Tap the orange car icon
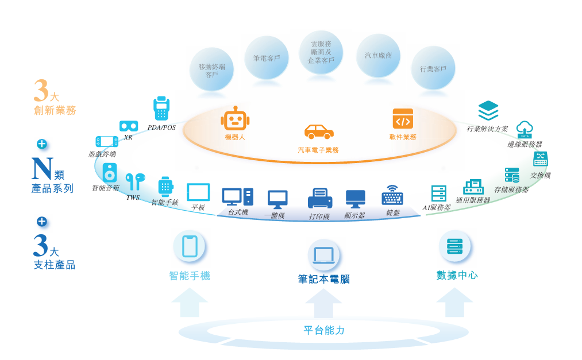(x=319, y=131)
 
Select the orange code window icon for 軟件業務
(x=403, y=119)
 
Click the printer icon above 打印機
(x=319, y=199)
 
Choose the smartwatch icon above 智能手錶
(x=165, y=187)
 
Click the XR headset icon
(x=128, y=126)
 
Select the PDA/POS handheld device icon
(x=161, y=109)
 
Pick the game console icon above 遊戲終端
(x=107, y=141)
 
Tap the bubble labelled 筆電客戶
(x=266, y=58)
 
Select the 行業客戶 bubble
(x=433, y=68)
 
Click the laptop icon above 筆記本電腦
(x=323, y=256)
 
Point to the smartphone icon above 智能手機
(x=190, y=246)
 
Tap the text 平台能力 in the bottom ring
(x=324, y=331)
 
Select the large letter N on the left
(x=43, y=168)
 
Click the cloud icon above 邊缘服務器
(x=525, y=129)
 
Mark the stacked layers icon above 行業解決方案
(x=488, y=110)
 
